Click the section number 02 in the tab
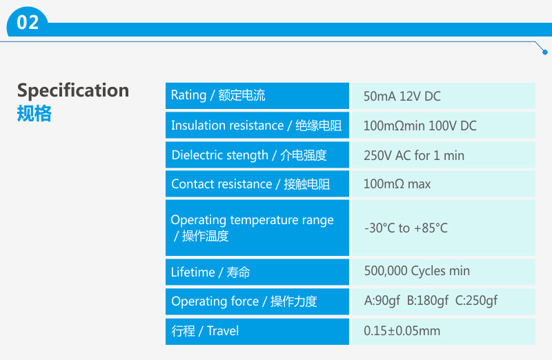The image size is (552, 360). [x=28, y=22]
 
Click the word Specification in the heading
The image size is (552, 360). [x=73, y=91]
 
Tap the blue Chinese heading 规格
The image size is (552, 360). [x=34, y=113]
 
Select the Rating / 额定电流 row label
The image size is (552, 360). [x=218, y=95]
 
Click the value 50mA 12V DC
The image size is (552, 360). [x=402, y=97]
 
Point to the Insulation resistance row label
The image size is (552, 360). [x=256, y=126]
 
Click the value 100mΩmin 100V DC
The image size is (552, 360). [x=420, y=126]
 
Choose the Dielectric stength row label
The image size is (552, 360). [x=249, y=155]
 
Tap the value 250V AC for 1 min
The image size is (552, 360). [x=414, y=156]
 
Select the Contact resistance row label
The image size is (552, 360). [x=250, y=184]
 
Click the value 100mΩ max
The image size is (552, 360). [x=397, y=184]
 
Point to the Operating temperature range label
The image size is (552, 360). [x=252, y=228]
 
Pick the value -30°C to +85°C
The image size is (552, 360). [x=406, y=228]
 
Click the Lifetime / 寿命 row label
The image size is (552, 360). [x=210, y=272]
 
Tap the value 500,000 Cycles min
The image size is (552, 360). [x=417, y=271]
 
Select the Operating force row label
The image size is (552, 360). [x=244, y=301]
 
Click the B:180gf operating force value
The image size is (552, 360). [x=428, y=301]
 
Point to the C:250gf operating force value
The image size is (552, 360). [x=476, y=301]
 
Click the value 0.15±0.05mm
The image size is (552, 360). [x=402, y=331]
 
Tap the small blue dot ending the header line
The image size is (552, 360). [x=545, y=52]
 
